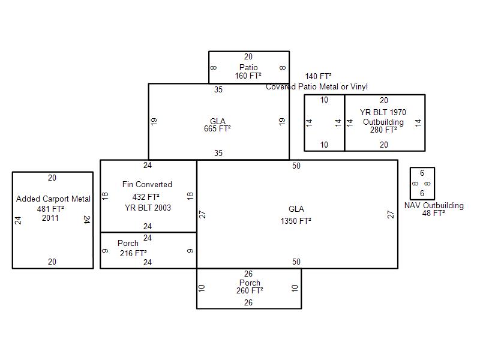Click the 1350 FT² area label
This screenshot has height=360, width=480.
coord(296,221)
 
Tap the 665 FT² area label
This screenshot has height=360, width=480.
coord(217,128)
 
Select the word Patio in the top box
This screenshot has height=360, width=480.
coord(248,67)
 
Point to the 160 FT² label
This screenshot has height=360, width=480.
coord(248,76)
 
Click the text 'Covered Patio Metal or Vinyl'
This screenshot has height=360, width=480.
coord(317,87)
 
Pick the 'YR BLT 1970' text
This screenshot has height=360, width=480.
coord(383,112)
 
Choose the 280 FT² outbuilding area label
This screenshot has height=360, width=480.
coord(383,130)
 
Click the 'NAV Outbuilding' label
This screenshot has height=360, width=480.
coord(434,205)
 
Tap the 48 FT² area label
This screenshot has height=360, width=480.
coord(434,213)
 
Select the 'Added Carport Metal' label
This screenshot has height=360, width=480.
coord(53,199)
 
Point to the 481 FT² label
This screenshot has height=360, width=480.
coord(50,209)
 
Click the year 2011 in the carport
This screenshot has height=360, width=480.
coord(50,218)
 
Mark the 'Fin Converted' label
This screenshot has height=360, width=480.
coord(147,184)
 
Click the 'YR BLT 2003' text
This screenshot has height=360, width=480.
coord(148,208)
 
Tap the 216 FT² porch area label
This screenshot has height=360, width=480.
coord(133,253)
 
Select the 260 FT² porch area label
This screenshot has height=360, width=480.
coord(250,291)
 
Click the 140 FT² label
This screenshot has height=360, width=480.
coord(319,76)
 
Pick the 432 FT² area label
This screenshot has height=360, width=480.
coord(146,197)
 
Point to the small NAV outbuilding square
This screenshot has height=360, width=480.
coord(422,183)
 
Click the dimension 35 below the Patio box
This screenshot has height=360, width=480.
coord(218,90)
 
